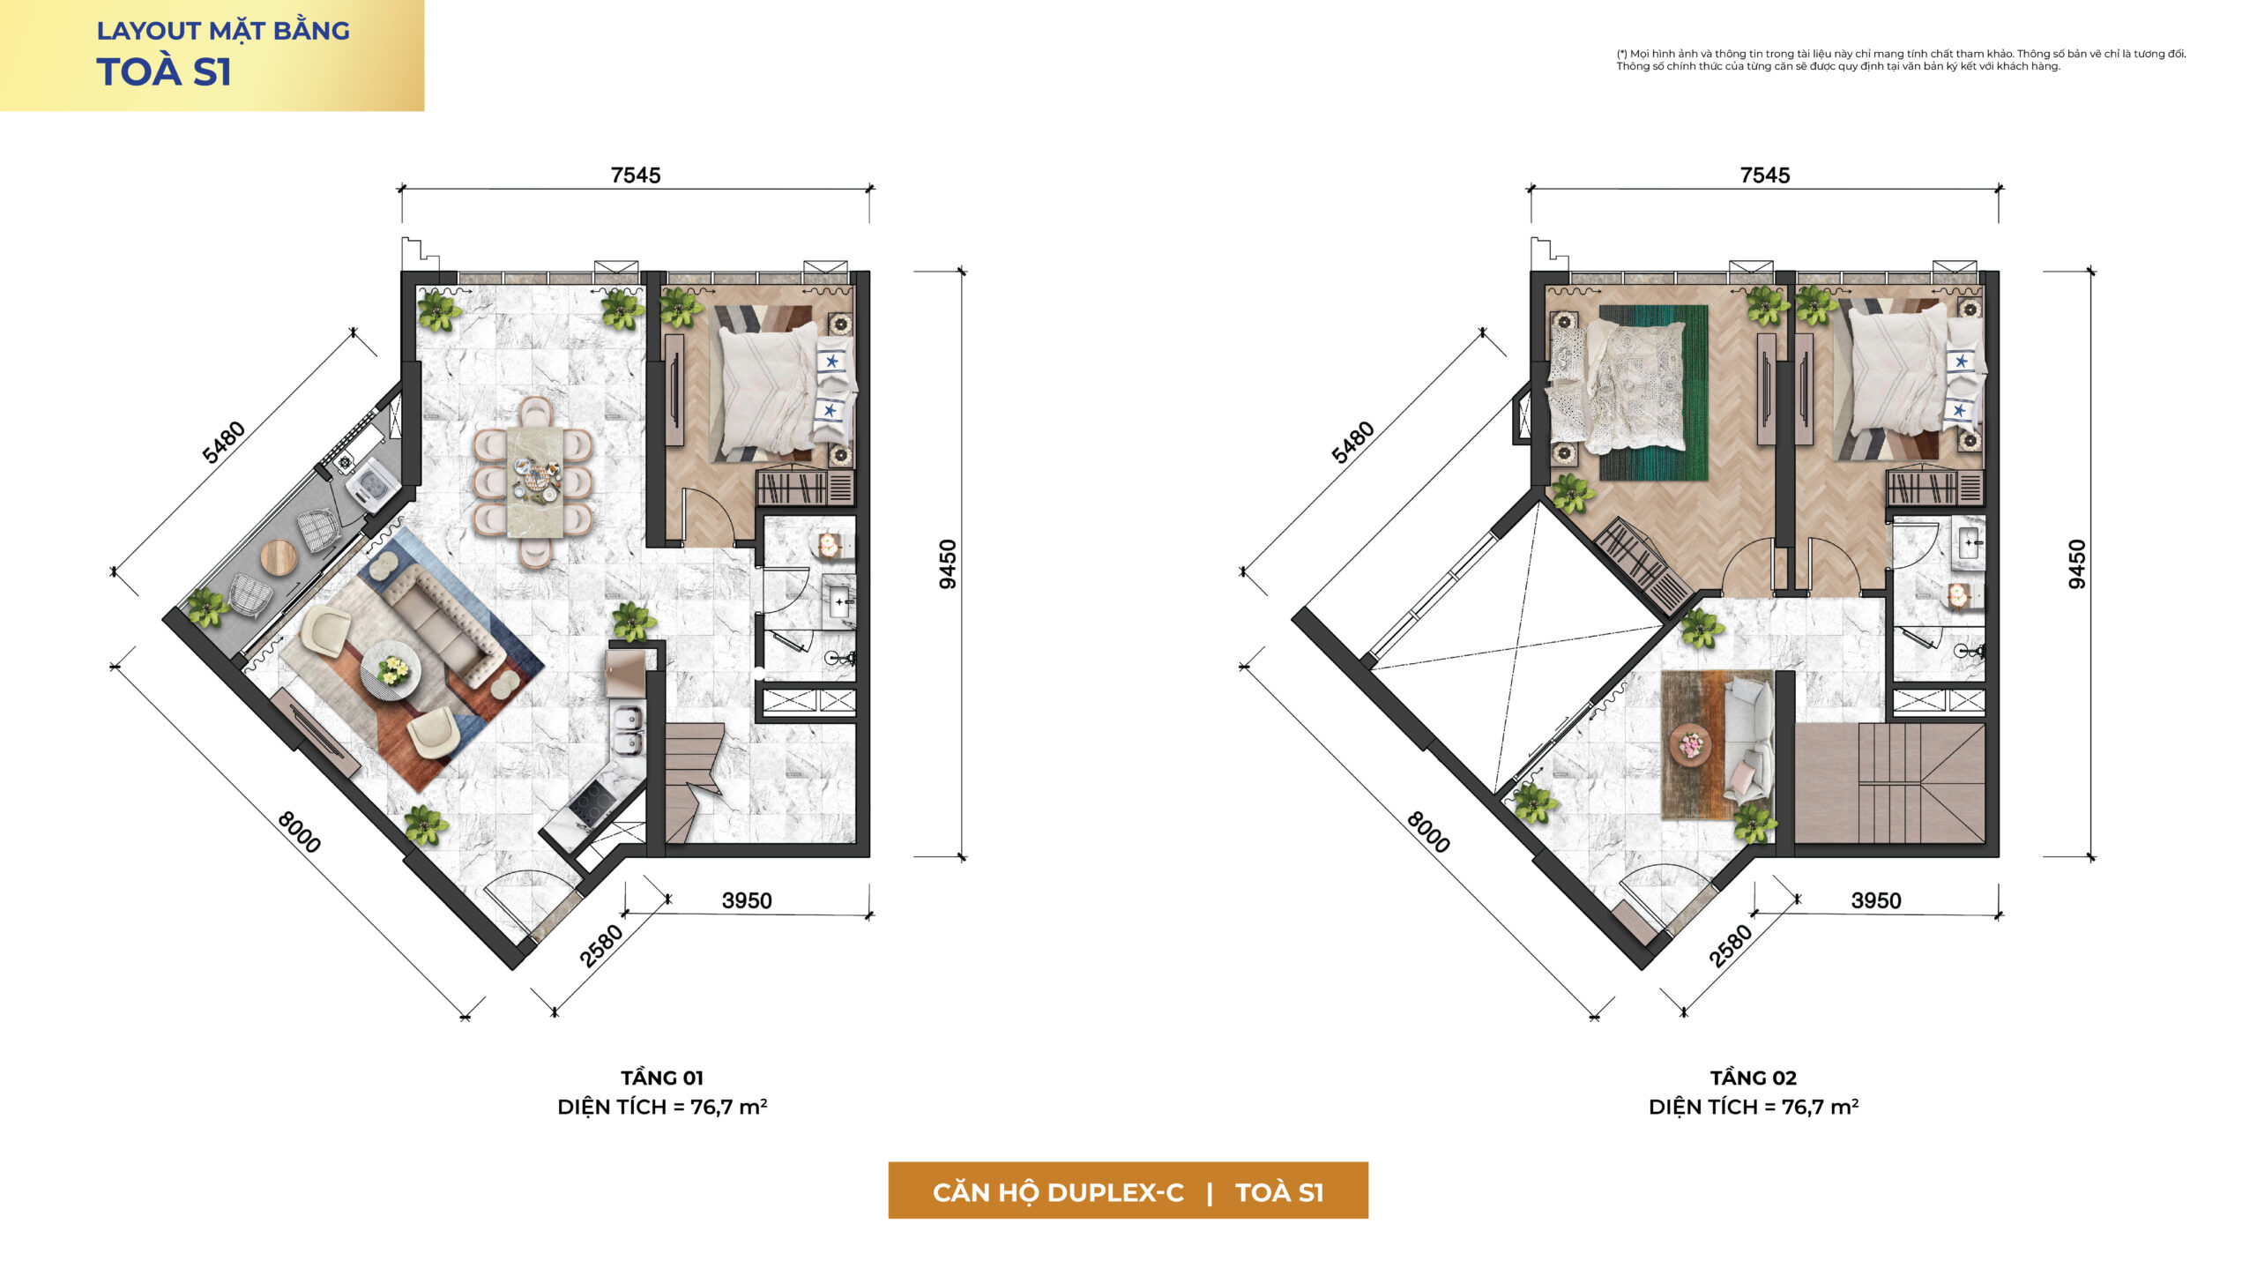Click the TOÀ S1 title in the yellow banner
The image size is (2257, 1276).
pos(164,72)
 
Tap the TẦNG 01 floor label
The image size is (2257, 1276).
pos(661,1078)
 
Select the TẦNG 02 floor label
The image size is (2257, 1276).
pos(1753,1078)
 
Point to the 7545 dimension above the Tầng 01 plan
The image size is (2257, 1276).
pos(636,175)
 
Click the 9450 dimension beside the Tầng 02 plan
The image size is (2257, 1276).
pos(2077,564)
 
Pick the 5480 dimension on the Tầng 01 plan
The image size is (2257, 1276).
pos(224,443)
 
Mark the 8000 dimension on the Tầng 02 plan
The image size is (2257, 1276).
pos(1428,832)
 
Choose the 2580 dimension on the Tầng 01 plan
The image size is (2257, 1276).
pos(601,945)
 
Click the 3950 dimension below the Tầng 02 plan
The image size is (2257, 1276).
pos(1876,900)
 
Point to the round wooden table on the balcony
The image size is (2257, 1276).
pos(279,556)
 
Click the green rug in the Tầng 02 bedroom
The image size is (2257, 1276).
pos(1653,392)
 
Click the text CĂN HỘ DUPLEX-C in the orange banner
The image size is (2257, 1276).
pos(1058,1192)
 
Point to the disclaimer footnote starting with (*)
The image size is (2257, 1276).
pos(1901,60)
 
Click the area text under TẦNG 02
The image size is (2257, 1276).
pos(1754,1107)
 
